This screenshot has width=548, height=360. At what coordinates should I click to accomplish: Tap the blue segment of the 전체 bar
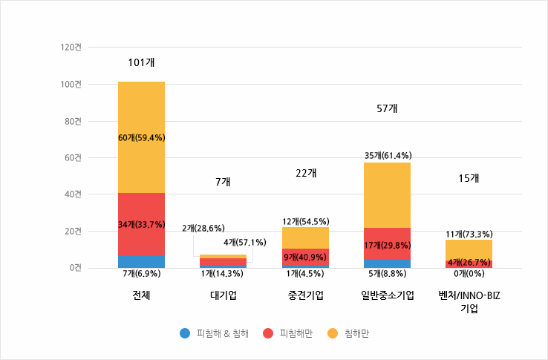click(x=141, y=261)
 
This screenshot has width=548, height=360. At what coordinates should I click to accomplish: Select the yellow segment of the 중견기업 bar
click(x=305, y=236)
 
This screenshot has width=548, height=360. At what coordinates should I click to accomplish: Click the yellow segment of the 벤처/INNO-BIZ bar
click(x=469, y=249)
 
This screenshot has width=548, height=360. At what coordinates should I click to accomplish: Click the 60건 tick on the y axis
click(x=74, y=157)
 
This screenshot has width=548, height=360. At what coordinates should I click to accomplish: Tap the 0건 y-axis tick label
click(x=76, y=268)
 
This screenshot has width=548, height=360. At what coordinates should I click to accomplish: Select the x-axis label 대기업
click(x=224, y=295)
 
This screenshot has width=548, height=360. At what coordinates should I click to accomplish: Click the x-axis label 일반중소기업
click(x=387, y=295)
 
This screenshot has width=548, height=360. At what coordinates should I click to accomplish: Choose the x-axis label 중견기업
click(x=305, y=295)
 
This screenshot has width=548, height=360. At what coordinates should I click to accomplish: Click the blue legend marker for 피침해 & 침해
click(x=185, y=333)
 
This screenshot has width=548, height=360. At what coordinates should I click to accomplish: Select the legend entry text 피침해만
click(x=296, y=333)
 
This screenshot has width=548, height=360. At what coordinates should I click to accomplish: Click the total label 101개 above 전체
click(x=141, y=62)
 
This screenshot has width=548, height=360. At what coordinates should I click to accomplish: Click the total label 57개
click(x=387, y=108)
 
